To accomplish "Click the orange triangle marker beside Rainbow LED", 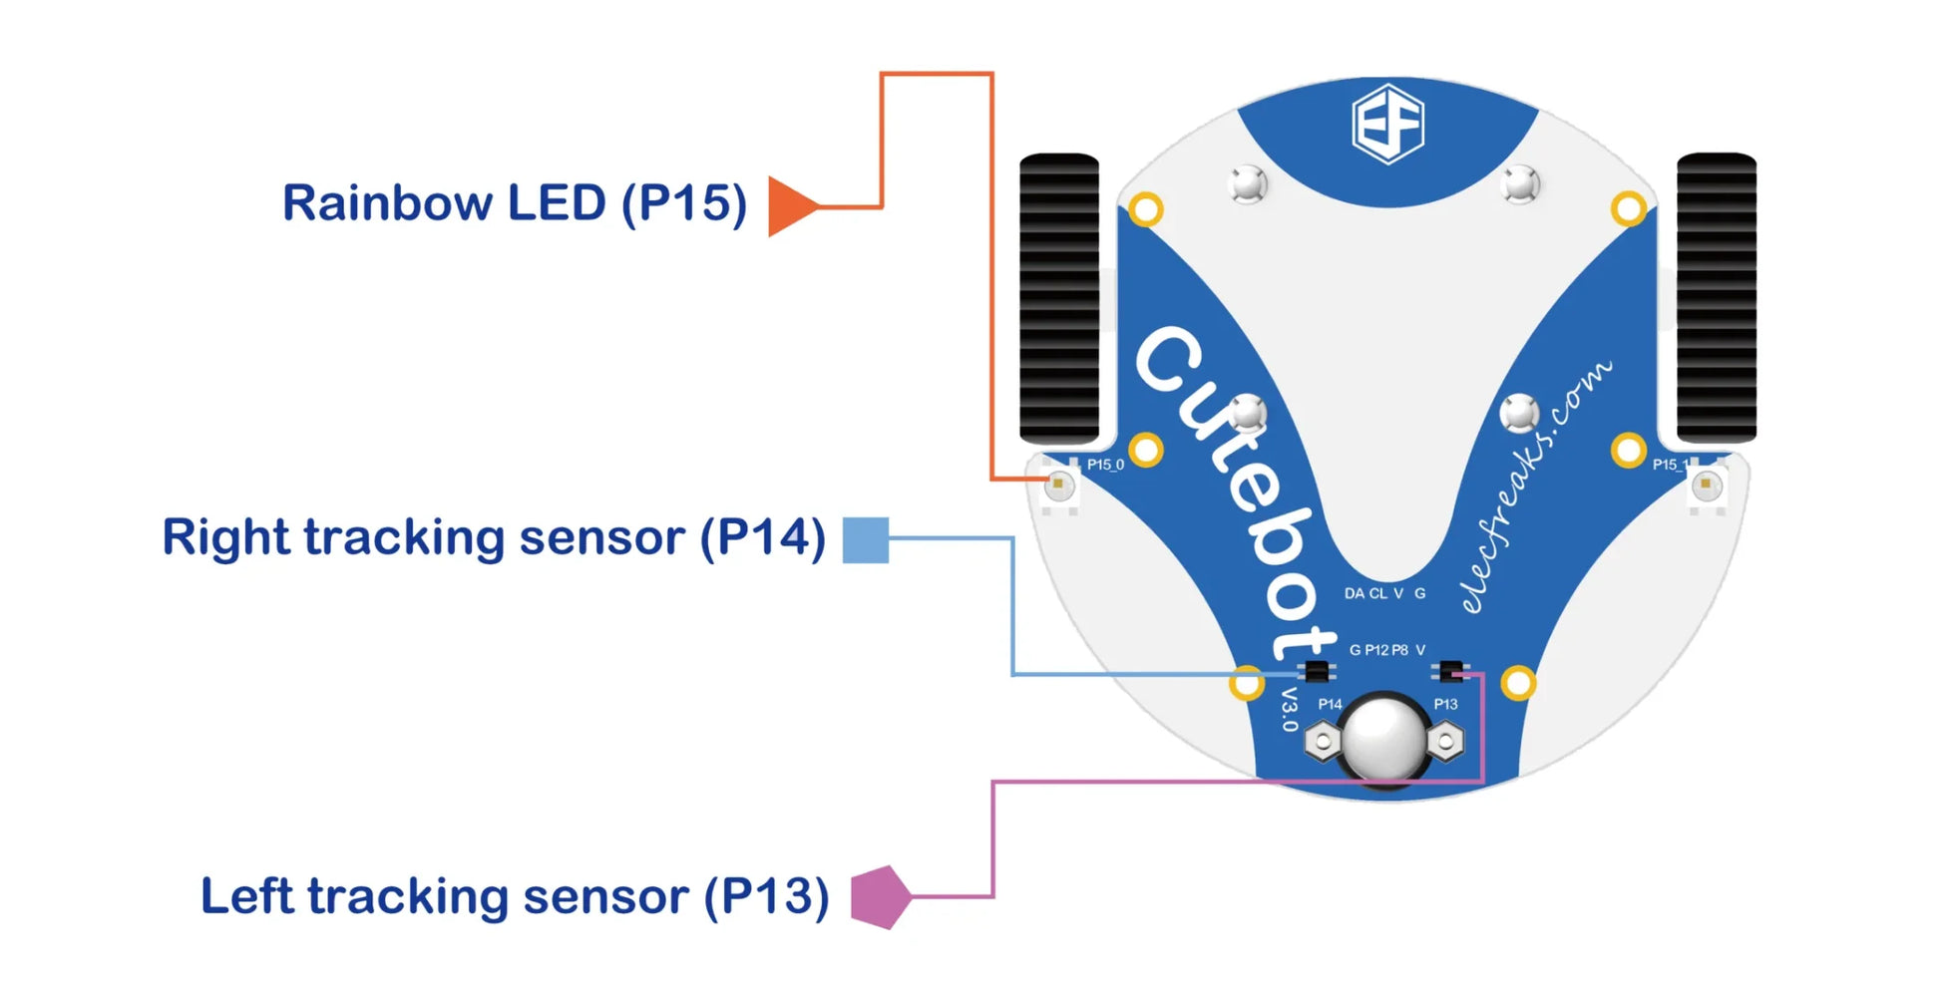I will coord(789,206).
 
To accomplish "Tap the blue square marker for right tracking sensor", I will coord(865,539).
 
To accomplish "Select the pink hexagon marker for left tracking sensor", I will coord(880,896).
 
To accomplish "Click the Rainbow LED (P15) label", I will coord(514,203).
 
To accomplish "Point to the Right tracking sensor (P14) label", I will coord(494,537).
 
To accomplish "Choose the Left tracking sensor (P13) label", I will coord(515,896).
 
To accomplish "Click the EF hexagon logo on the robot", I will coord(1387,124).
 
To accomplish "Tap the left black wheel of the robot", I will coord(1059,298).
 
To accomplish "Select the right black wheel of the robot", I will coord(1716,298).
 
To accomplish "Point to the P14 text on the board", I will coord(1330,704).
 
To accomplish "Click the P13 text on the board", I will coord(1445,704).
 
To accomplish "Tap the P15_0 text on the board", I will coord(1105,465).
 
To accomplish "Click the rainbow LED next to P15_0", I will coord(1059,486).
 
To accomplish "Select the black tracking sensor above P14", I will coord(1317,671).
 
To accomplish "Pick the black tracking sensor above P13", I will coord(1449,671).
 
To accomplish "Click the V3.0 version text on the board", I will coord(1290,709).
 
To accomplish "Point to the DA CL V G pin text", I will coord(1384,593).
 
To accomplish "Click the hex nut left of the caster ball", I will coord(1323,741).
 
